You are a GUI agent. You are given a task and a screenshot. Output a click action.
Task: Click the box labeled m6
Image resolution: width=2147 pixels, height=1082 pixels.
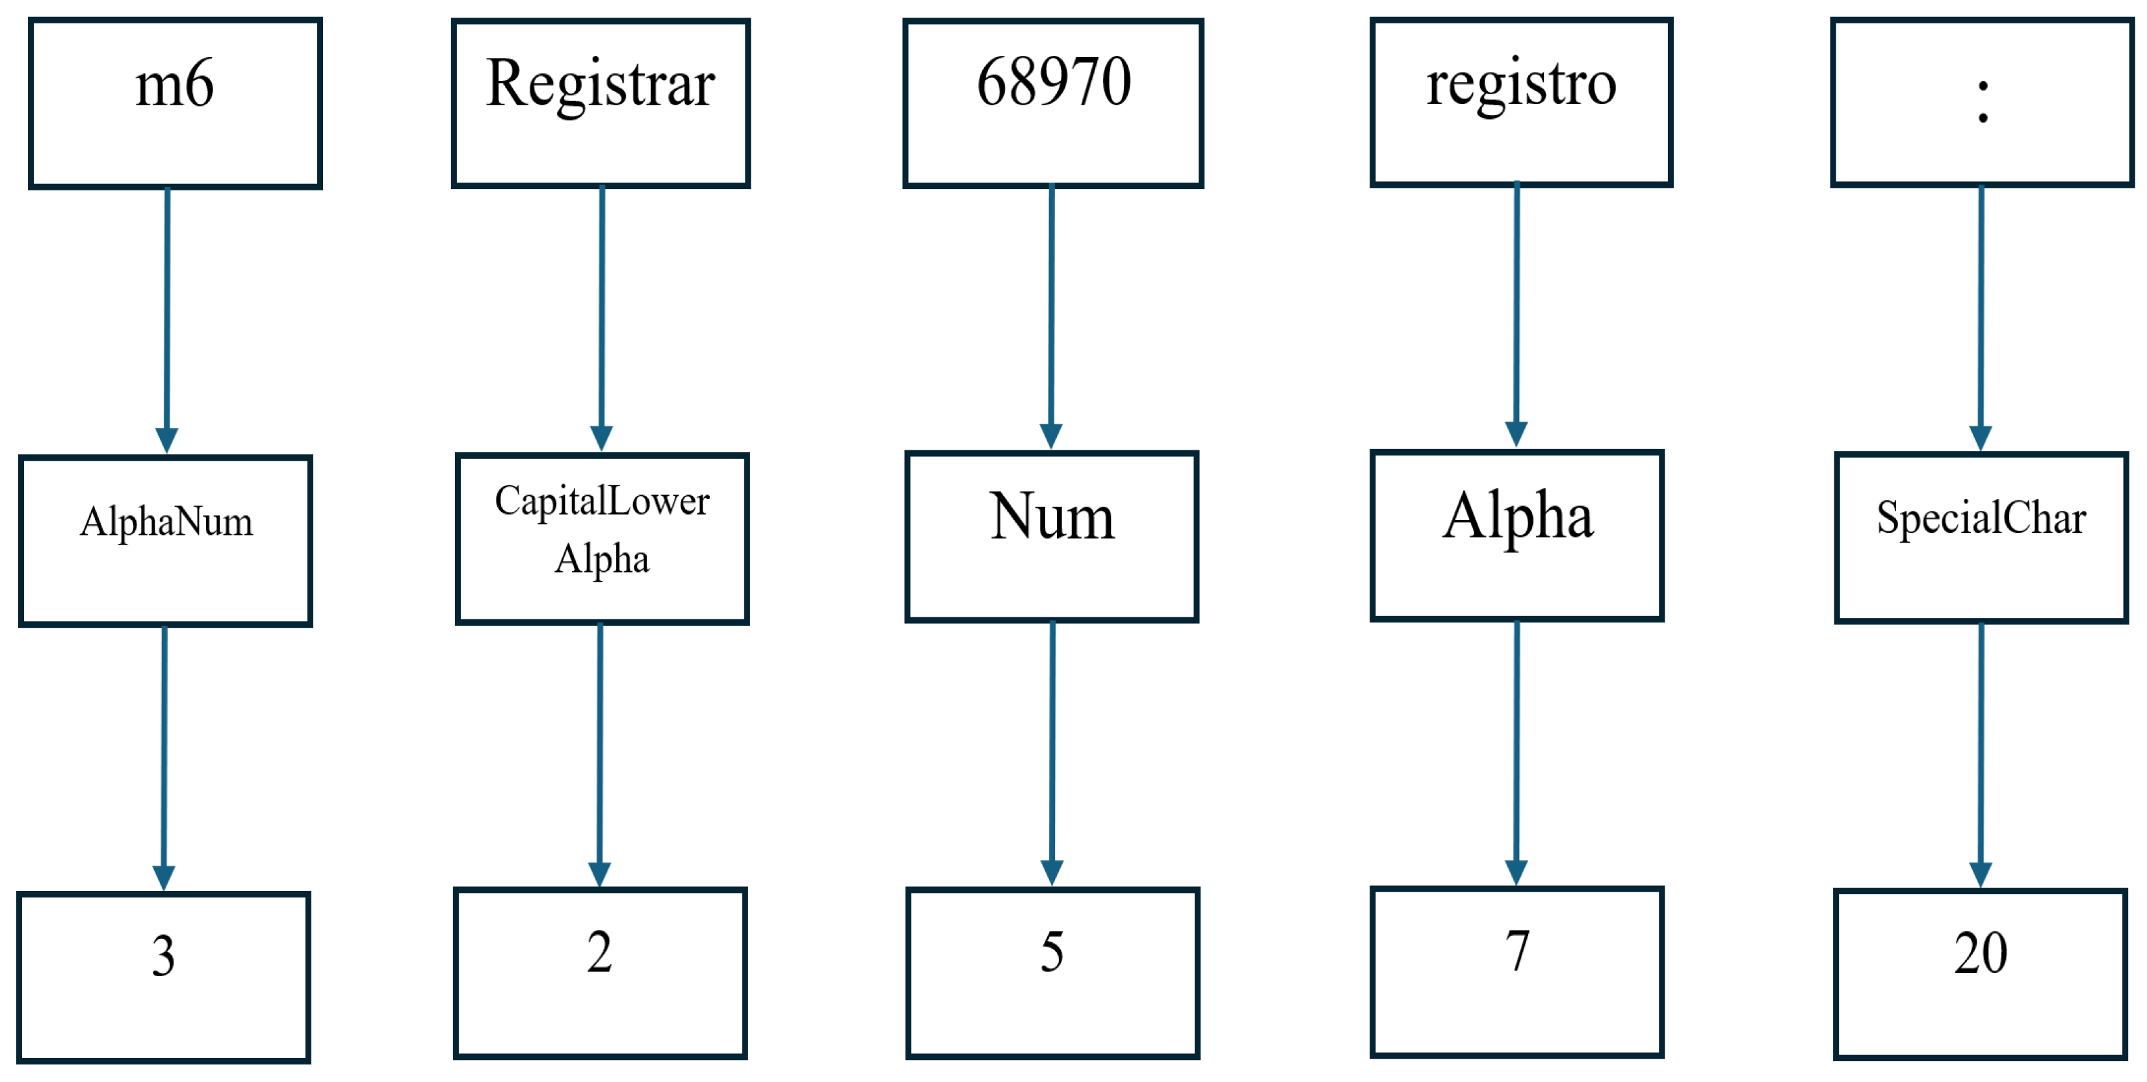coord(175,103)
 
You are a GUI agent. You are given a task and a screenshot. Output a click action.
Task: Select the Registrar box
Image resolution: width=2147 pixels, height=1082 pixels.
coord(600,103)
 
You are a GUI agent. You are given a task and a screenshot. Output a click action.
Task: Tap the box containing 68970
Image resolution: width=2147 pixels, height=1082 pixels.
coord(1052,103)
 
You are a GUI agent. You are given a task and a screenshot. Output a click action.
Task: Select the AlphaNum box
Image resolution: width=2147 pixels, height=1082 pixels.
coord(165,541)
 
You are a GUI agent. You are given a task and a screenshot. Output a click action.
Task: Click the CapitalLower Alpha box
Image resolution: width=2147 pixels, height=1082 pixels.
coord(602,539)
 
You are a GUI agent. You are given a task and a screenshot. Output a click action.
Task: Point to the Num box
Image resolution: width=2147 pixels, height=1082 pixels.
coord(1051,536)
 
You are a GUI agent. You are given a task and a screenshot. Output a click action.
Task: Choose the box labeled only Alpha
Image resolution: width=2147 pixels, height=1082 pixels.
coord(1517,535)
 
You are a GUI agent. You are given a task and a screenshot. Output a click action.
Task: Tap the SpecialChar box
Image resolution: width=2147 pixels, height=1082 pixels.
coord(1981,538)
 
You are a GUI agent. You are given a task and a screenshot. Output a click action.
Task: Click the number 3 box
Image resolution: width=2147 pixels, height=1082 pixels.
coord(163,977)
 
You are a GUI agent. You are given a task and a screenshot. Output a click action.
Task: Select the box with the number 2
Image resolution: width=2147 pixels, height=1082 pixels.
coord(600,973)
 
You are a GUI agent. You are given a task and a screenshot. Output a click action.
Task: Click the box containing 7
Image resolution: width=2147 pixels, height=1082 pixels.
coord(1517,972)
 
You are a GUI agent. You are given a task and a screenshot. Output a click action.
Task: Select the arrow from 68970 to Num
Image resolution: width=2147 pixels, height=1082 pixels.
coord(1051,316)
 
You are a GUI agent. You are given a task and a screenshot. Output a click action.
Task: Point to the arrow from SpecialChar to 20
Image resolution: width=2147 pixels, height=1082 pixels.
coord(1981,754)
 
